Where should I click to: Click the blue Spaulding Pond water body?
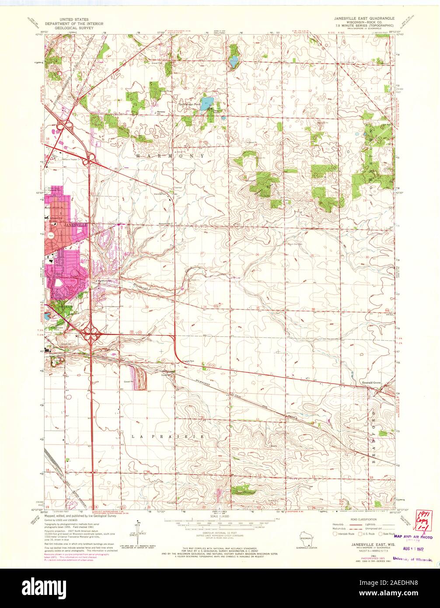tap(207, 104)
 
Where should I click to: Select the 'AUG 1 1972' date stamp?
tap(414, 548)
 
